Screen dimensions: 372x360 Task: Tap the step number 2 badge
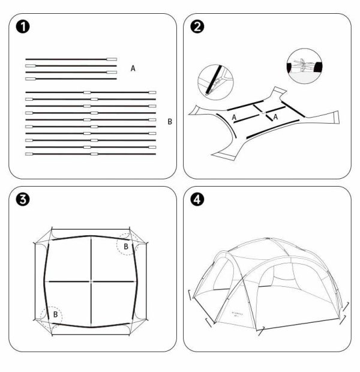[x=197, y=26]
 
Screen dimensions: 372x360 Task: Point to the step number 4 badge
[x=197, y=200]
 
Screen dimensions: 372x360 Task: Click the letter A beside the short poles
[x=133, y=69]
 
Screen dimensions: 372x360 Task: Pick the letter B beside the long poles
[x=170, y=121]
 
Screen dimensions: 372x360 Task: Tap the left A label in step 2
[x=234, y=118]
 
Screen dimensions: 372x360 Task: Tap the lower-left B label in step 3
[x=55, y=314]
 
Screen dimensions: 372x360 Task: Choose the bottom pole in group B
[x=91, y=154]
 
